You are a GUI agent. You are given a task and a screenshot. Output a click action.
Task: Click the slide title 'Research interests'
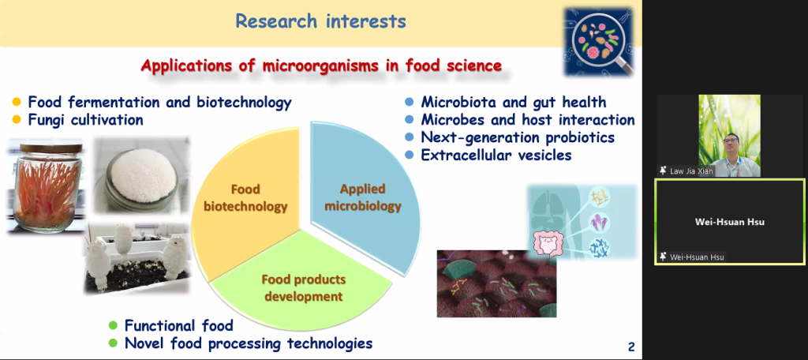(x=320, y=21)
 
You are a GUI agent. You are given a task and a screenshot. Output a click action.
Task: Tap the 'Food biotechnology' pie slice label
(x=245, y=198)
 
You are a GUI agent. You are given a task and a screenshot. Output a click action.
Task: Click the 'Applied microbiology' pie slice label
(x=363, y=197)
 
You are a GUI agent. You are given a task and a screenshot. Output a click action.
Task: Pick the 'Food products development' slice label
(x=304, y=288)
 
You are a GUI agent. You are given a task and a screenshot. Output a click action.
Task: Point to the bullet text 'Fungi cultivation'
(x=85, y=120)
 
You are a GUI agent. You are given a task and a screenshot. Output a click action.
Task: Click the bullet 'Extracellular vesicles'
(x=496, y=155)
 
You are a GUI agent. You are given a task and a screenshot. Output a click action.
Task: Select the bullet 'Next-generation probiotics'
(x=518, y=137)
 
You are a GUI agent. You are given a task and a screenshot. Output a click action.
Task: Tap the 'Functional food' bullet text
(x=179, y=325)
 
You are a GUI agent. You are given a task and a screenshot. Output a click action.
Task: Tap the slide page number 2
(x=631, y=347)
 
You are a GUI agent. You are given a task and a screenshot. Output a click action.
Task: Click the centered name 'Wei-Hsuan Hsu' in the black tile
(x=730, y=223)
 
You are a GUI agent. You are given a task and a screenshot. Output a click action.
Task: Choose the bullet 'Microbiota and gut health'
(x=513, y=102)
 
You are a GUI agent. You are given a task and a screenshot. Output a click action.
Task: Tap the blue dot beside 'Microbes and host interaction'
(x=410, y=120)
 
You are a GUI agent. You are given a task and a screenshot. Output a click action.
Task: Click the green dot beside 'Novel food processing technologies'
(x=113, y=343)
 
